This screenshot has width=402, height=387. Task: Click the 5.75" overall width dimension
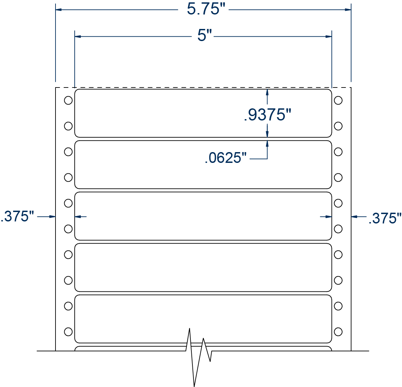[x=206, y=9]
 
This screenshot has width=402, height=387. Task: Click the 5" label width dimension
[x=205, y=35]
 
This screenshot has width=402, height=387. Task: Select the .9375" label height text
[x=267, y=115]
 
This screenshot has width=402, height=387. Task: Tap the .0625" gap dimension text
[x=225, y=158]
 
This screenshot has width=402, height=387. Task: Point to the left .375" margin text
[x=17, y=216]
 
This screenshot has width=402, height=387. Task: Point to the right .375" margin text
[x=385, y=218]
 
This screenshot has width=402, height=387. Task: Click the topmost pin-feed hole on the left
[x=68, y=100]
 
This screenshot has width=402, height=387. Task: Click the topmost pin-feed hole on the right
[x=338, y=100]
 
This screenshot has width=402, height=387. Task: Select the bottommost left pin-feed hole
[x=68, y=332]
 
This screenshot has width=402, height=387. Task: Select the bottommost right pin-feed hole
[x=338, y=332]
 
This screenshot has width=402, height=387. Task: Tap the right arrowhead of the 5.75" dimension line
[x=349, y=10]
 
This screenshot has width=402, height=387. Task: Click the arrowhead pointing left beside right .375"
[x=354, y=217]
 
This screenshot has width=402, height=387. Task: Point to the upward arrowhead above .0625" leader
[x=267, y=143]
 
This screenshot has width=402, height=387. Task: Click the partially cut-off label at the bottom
[x=135, y=349]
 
